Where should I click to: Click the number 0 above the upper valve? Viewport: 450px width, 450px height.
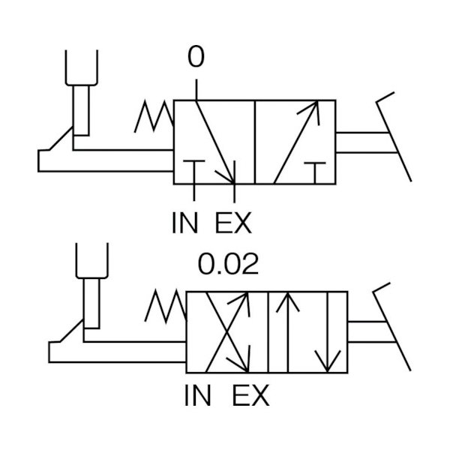196,56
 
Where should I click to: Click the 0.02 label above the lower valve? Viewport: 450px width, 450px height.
228,264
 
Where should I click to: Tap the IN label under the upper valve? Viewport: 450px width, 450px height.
185,223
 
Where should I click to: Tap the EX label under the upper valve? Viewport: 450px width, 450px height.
233,223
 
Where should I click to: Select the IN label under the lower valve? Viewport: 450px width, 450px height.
198,395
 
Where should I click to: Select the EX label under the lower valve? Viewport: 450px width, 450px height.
250,395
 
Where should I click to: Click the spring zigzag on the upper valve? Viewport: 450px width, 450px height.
154,116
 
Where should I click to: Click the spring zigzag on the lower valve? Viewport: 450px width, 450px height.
166,306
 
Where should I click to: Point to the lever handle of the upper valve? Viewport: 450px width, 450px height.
394,137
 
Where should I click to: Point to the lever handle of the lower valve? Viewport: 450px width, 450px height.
392,327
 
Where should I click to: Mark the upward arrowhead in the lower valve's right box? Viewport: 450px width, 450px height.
288,301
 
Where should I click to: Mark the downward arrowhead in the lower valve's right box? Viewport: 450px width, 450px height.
328,361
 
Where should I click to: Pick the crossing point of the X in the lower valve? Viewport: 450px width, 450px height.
227,332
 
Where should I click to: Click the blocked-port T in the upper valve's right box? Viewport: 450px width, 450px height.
315,173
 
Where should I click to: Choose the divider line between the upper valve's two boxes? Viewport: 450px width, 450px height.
255,142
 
